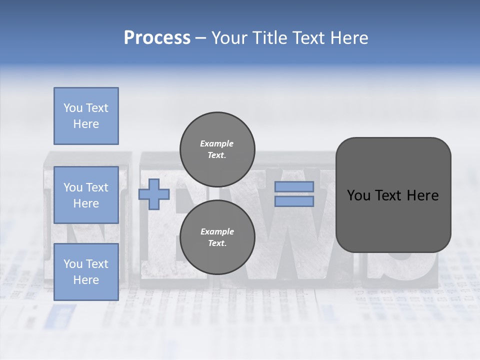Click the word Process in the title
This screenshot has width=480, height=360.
pos(157,38)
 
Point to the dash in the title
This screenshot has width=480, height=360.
pos(201,38)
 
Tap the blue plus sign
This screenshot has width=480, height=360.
pos(154,194)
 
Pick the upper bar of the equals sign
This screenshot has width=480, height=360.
pos(294,187)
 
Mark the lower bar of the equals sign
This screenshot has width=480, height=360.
pos(294,201)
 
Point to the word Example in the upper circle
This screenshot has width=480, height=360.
pos(217,143)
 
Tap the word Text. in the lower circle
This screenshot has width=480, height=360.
pos(217,243)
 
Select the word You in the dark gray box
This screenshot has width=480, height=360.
pos(358,195)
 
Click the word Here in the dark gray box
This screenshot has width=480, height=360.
pos(422,195)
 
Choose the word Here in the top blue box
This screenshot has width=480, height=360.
pos(86,124)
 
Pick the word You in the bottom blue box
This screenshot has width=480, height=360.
pos(72,264)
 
